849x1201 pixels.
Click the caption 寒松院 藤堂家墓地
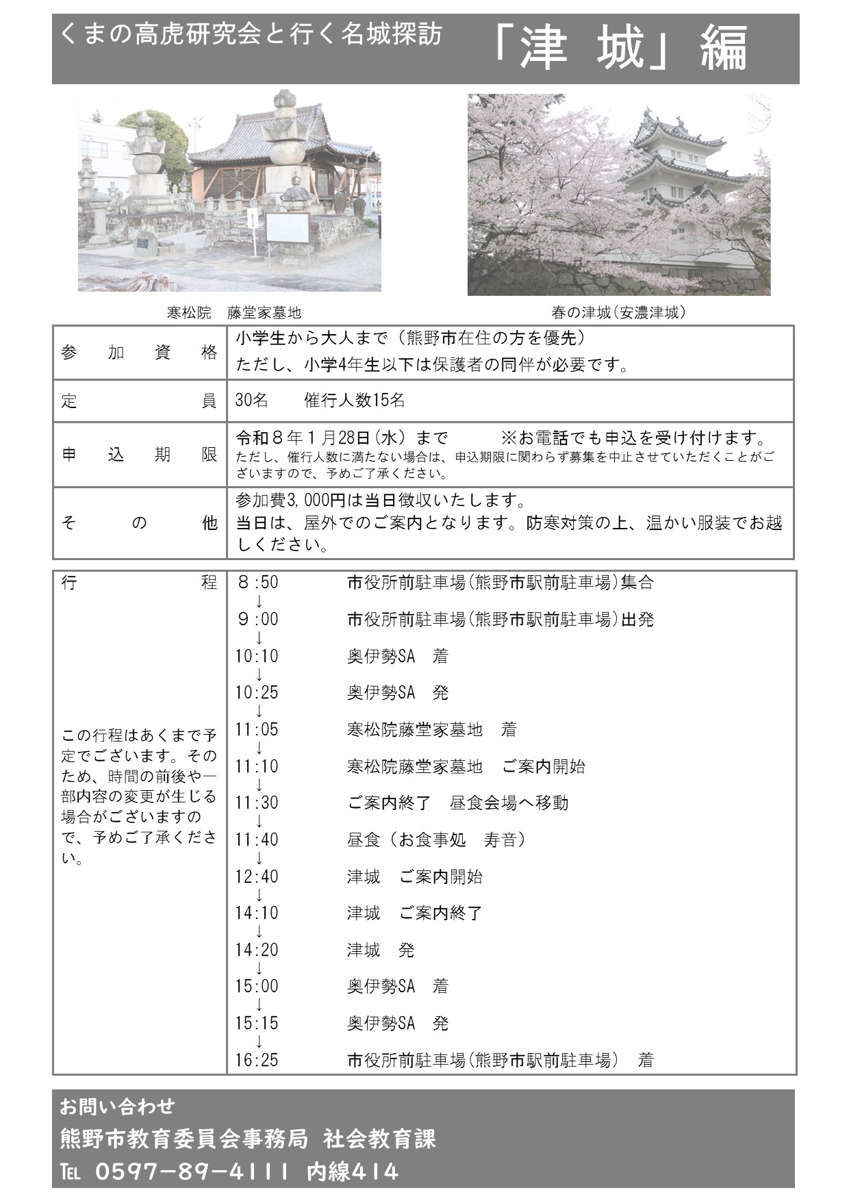click(233, 313)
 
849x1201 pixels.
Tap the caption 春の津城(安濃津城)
click(618, 313)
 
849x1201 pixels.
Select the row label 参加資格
click(139, 353)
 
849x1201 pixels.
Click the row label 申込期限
click(139, 455)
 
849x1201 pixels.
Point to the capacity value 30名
click(251, 401)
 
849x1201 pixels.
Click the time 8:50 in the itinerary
click(257, 583)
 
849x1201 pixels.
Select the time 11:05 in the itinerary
click(257, 729)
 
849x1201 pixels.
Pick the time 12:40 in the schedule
click(257, 876)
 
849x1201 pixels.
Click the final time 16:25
click(257, 1060)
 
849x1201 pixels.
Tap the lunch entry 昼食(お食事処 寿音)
click(436, 839)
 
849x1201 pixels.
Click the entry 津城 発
click(380, 950)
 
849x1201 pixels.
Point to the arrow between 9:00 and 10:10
click(259, 638)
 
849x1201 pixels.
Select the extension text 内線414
click(352, 1172)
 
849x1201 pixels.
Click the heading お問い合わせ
click(117, 1107)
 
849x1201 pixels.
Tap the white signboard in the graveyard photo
click(288, 228)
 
